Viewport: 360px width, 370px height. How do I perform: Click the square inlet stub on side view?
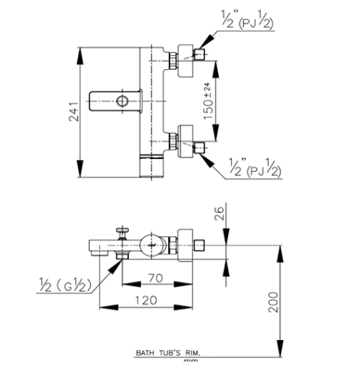(x=199, y=246)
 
